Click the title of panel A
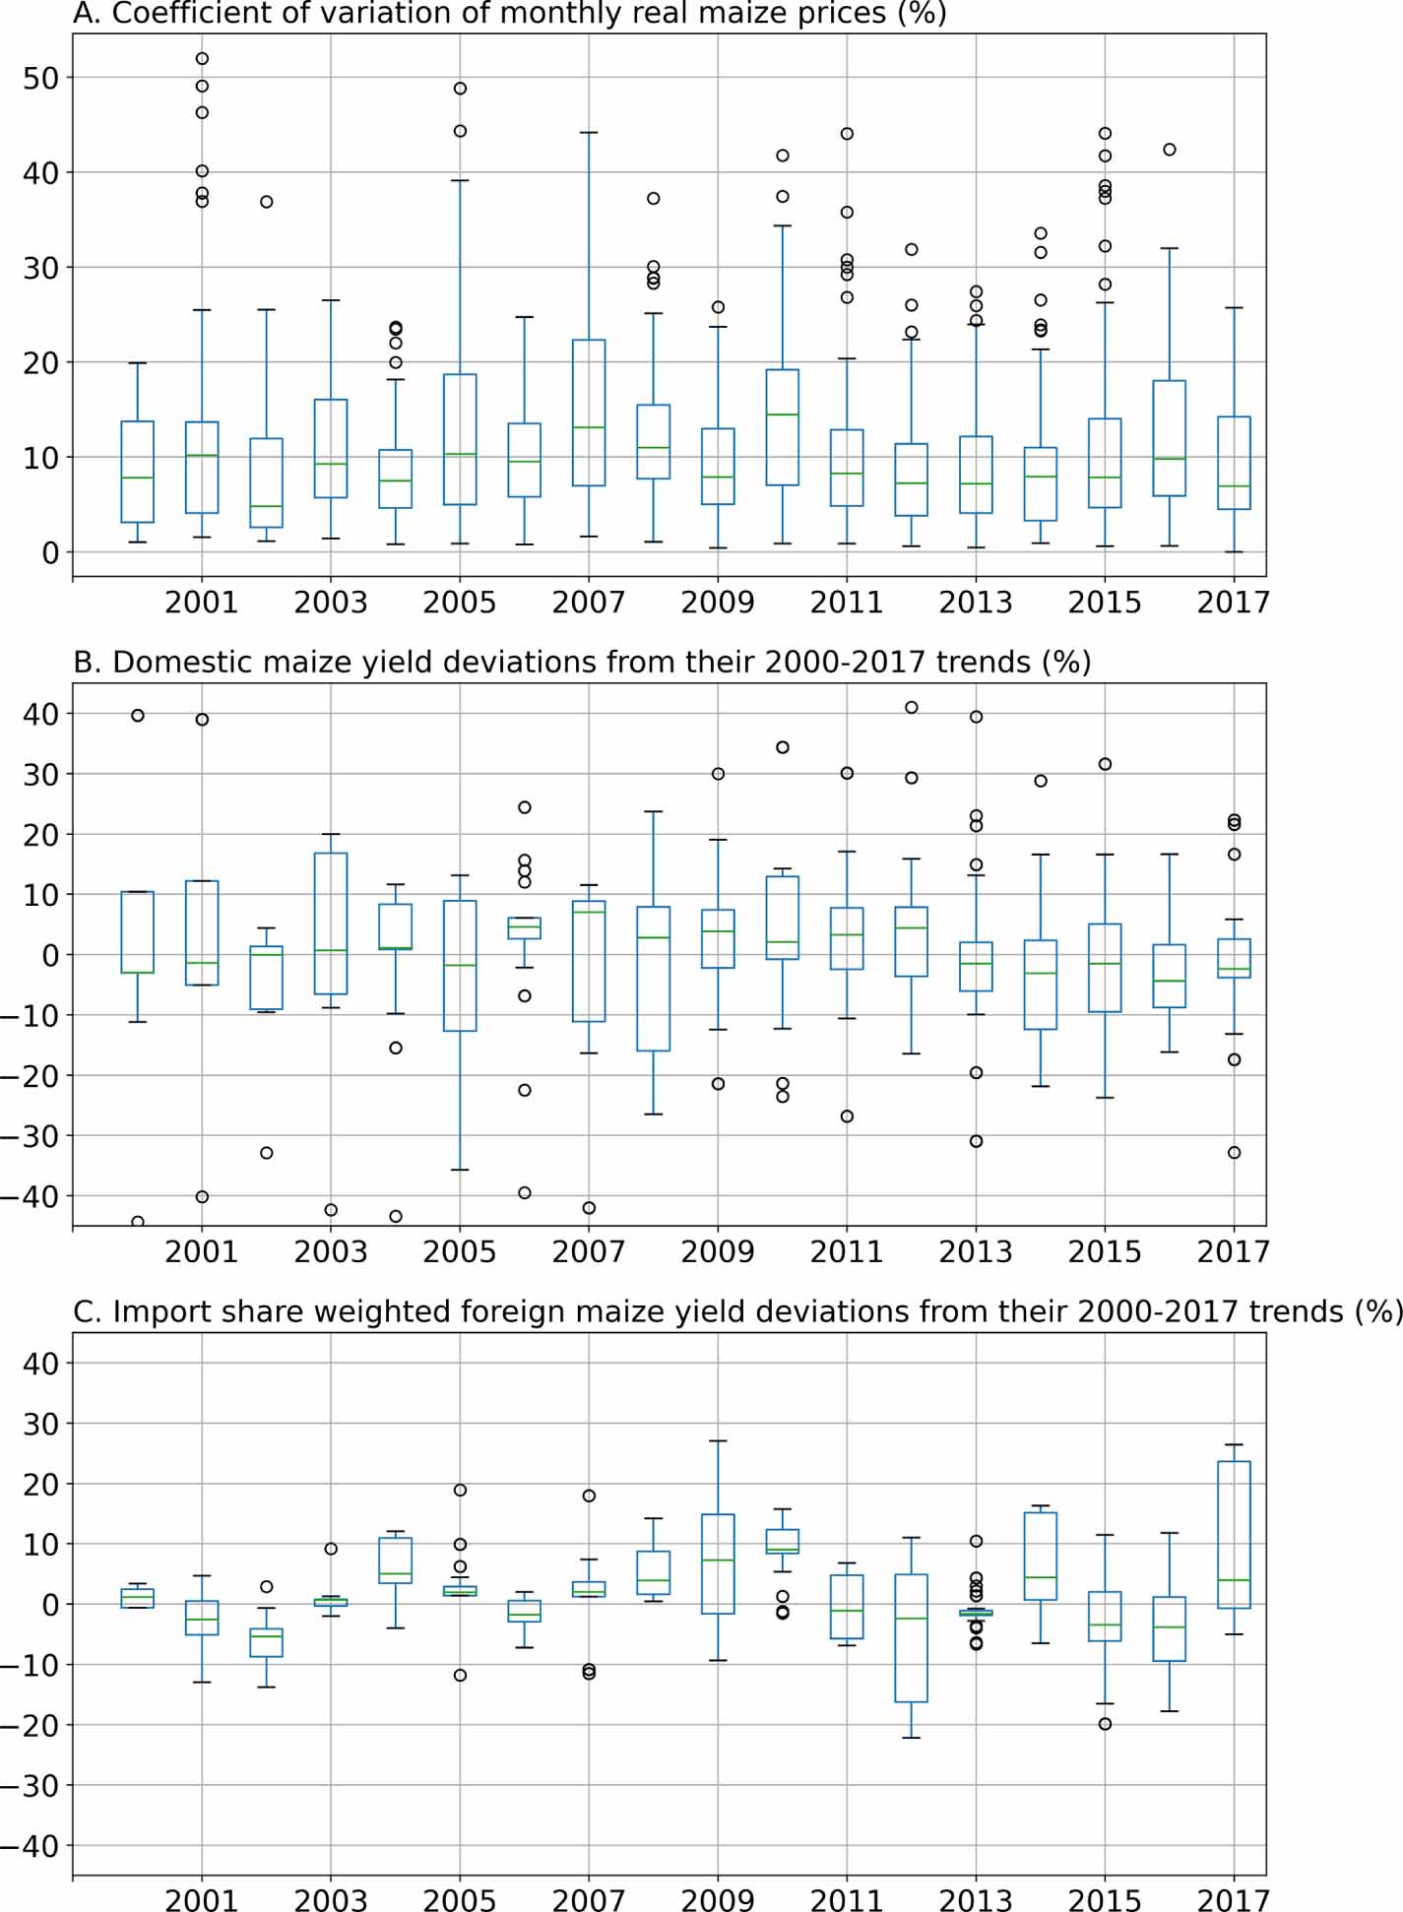509,14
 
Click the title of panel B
581,662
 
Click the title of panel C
736,1311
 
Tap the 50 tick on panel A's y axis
40,78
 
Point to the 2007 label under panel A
588,603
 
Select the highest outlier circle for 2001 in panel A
202,59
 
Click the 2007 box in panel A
589,413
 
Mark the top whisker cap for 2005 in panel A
460,181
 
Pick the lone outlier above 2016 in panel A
1170,150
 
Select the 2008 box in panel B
653,979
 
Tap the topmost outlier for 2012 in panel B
912,707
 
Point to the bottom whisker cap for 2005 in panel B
460,1170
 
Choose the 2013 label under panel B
975,1251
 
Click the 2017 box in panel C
1234,1534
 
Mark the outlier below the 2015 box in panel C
1105,1724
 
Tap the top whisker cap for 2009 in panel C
718,1440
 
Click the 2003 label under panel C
330,1900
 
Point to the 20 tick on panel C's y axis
40,1484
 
